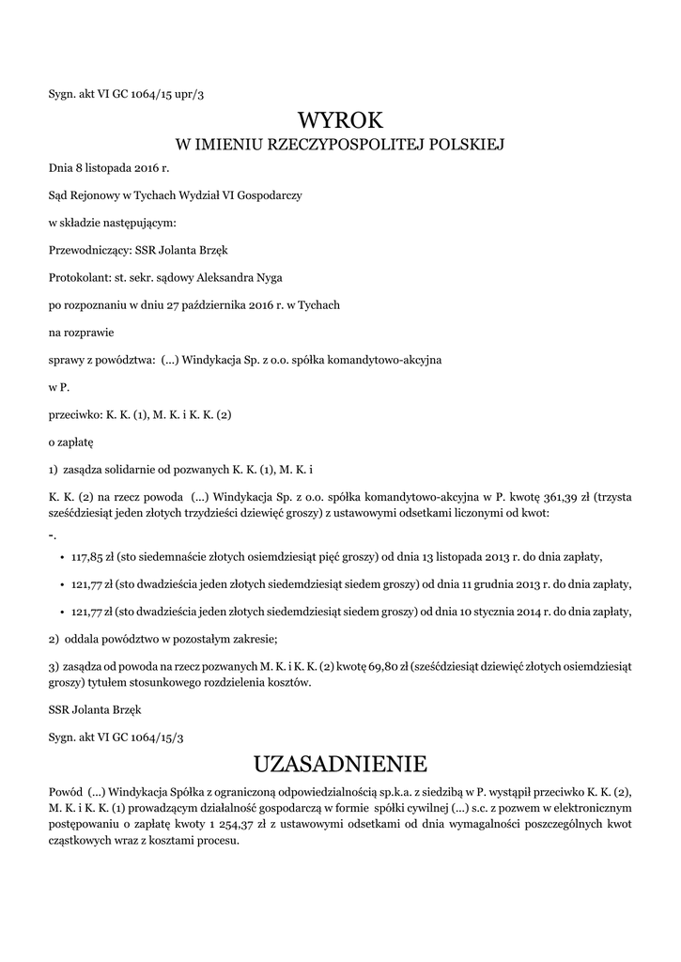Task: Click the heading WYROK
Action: point(341,120)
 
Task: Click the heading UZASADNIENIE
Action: point(341,760)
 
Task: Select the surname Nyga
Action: point(265,277)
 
